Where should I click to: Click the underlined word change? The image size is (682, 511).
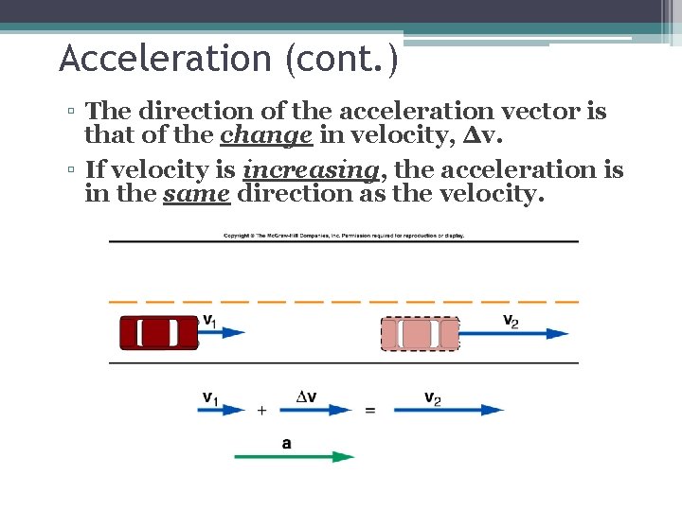click(266, 135)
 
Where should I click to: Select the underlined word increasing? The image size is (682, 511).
click(313, 170)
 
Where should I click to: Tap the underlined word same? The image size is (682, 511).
click(197, 194)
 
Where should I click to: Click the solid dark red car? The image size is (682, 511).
click(158, 333)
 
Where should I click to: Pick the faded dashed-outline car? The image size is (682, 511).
click(420, 334)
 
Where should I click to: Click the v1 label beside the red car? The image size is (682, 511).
click(209, 321)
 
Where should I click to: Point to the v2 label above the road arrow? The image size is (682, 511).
click(511, 321)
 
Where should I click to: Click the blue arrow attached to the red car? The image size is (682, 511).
click(223, 333)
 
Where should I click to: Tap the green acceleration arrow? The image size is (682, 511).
click(295, 456)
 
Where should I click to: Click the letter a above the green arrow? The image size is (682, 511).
click(287, 442)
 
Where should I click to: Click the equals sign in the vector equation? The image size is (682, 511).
click(370, 411)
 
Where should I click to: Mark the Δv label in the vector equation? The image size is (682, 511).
click(306, 397)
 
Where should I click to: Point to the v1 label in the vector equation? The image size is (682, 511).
click(210, 398)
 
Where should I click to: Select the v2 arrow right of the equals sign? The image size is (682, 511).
click(448, 411)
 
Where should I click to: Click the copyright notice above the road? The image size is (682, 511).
click(343, 235)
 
